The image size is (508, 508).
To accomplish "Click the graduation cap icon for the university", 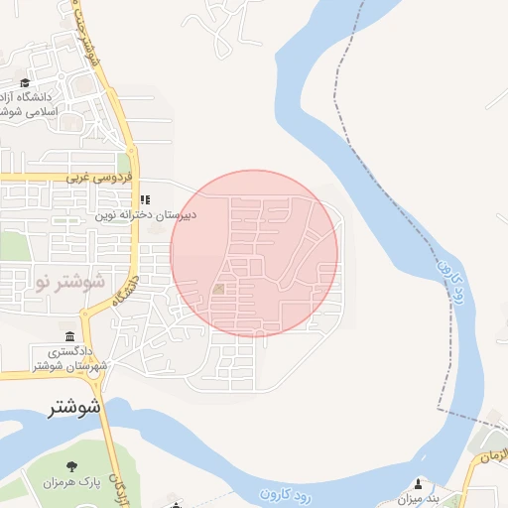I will (25, 83).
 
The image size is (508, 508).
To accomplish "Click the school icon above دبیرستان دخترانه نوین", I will (145, 199).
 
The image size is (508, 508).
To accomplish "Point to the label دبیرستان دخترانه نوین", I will (147, 214).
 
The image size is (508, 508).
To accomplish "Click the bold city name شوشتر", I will (75, 407).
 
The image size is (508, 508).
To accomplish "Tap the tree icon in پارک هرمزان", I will (70, 466).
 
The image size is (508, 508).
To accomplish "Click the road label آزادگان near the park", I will (120, 486).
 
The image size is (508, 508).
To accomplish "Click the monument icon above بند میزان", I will (418, 483).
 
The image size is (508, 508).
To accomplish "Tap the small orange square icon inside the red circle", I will (218, 289).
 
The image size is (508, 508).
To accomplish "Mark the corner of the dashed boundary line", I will (440, 407).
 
